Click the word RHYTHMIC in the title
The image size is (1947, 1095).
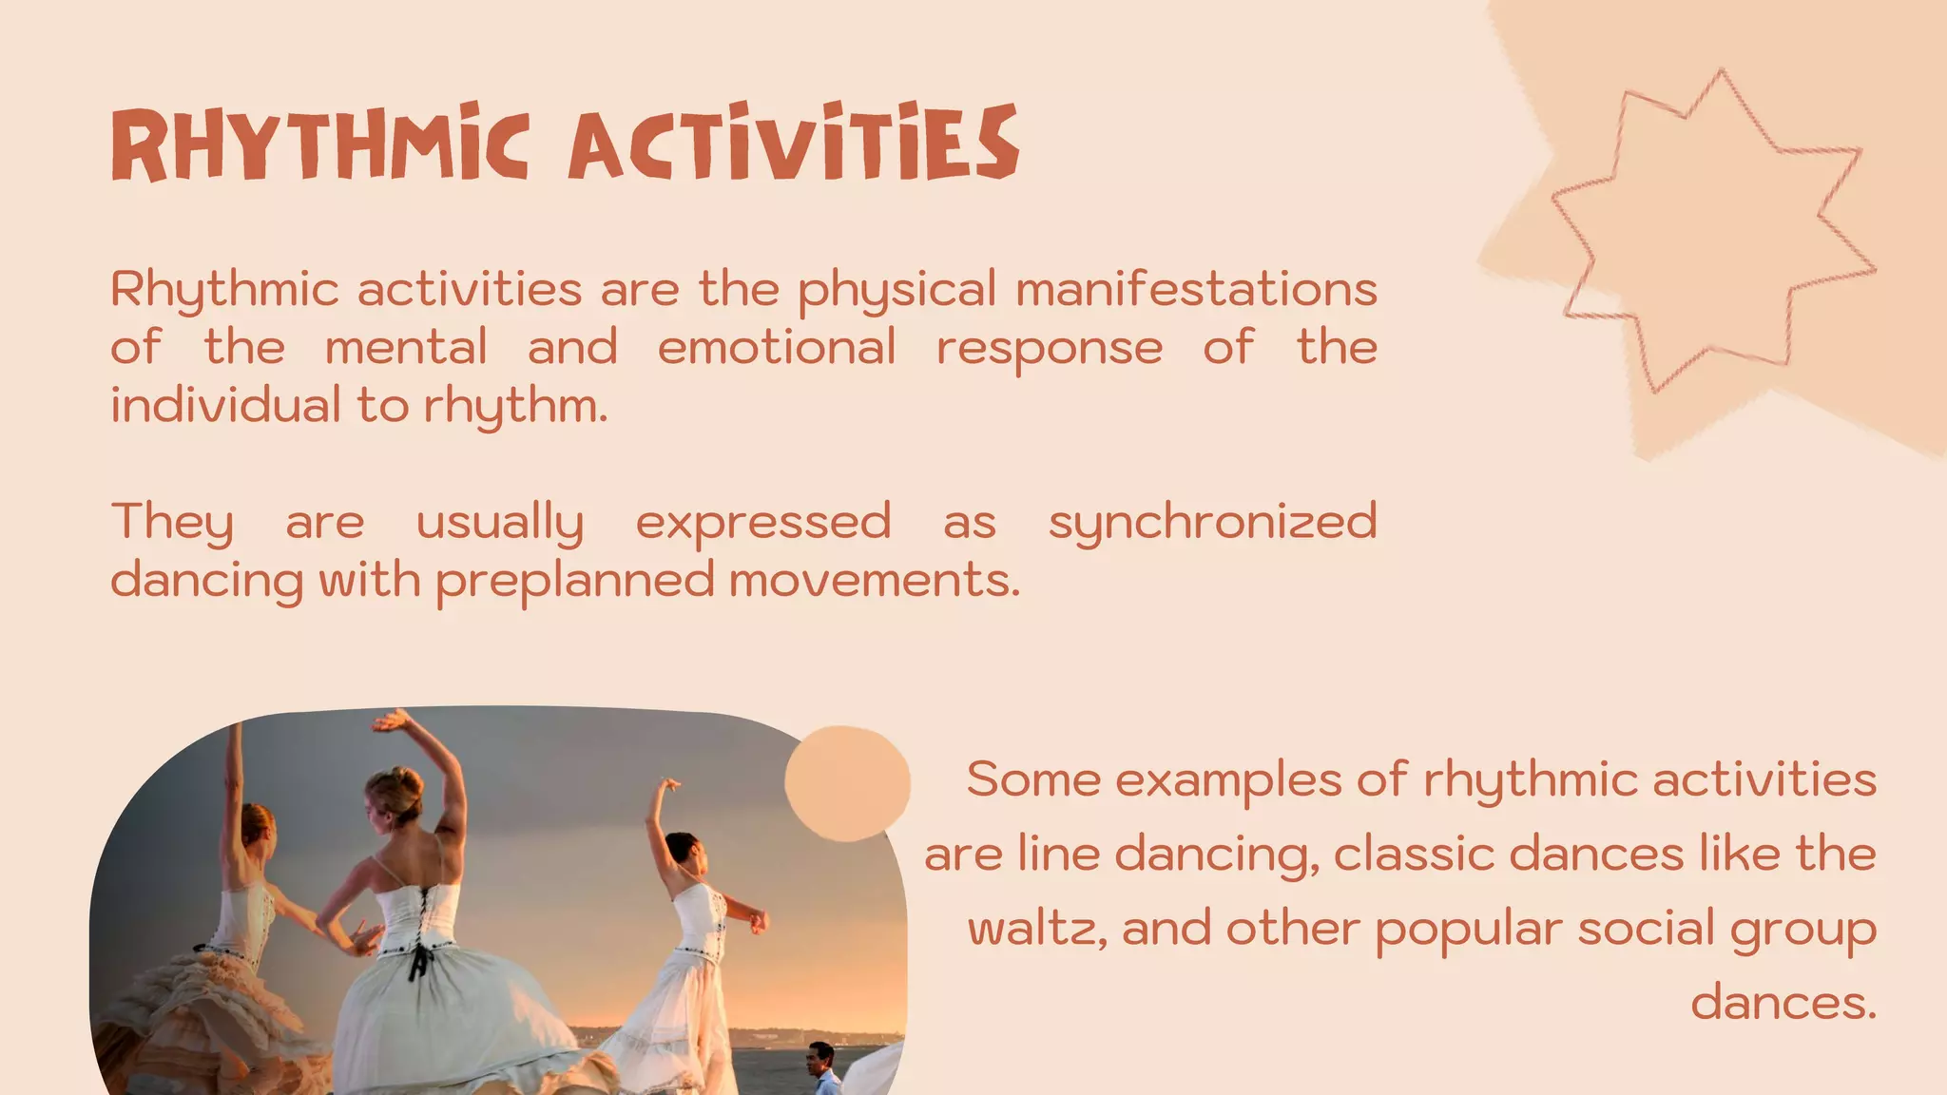tap(319, 144)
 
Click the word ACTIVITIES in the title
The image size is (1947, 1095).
tap(793, 144)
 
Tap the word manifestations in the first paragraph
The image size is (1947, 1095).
tap(1196, 289)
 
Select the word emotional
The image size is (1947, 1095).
tap(776, 347)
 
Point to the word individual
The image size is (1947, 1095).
tap(224, 406)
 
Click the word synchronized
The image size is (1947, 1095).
tap(1212, 523)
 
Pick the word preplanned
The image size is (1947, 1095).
tap(574, 581)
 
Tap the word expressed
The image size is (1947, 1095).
tap(762, 523)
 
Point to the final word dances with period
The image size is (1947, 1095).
tap(1783, 1003)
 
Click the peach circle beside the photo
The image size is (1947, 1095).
tap(846, 783)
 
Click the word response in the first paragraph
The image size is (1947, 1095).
tap(1049, 348)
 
